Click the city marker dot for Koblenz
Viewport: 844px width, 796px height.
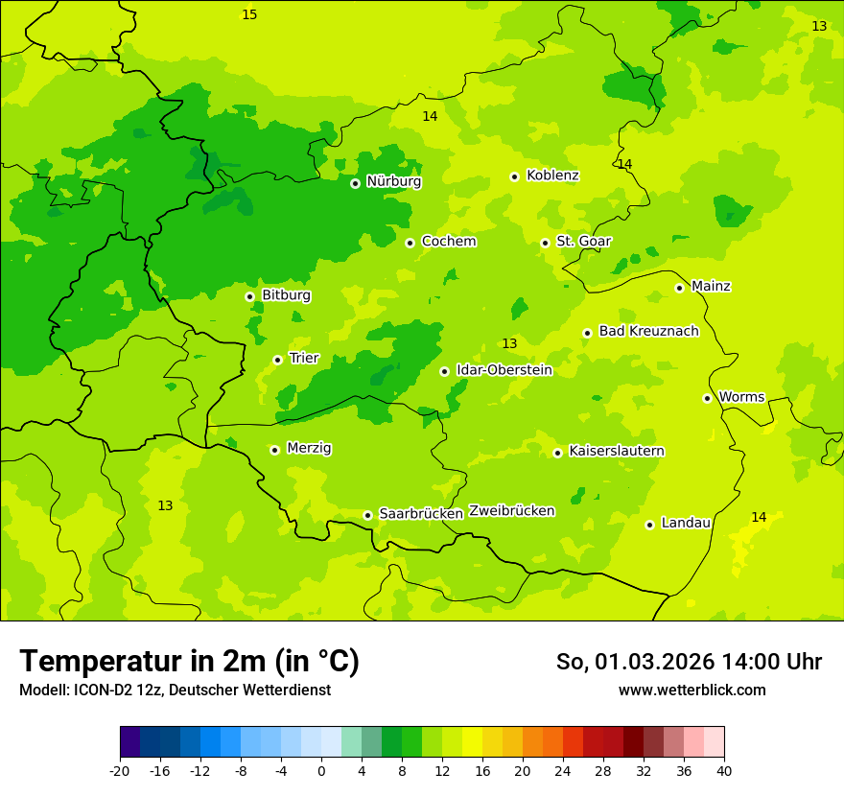tap(514, 176)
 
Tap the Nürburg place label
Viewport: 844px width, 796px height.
tap(393, 181)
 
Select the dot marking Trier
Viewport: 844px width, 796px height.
tap(277, 360)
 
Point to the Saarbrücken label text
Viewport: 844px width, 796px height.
tap(421, 514)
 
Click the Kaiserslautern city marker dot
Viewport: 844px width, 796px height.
tap(557, 453)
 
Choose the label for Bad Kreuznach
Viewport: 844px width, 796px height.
tap(648, 332)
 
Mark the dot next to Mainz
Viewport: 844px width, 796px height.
tap(679, 288)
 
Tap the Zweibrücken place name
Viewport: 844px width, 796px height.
tap(511, 511)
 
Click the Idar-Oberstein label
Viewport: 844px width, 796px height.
tap(504, 370)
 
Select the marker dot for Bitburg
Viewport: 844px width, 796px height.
tap(249, 296)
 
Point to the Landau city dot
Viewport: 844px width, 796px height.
tap(649, 525)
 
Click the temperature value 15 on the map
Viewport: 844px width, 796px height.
tap(249, 15)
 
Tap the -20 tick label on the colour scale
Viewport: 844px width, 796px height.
tap(120, 771)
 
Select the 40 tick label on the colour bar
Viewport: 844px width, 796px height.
tap(724, 771)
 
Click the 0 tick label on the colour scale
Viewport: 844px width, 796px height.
tap(321, 771)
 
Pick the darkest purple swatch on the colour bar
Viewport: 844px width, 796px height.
tap(129, 742)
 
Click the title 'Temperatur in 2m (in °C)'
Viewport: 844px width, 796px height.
tap(189, 662)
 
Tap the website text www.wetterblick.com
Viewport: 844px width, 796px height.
tap(692, 691)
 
